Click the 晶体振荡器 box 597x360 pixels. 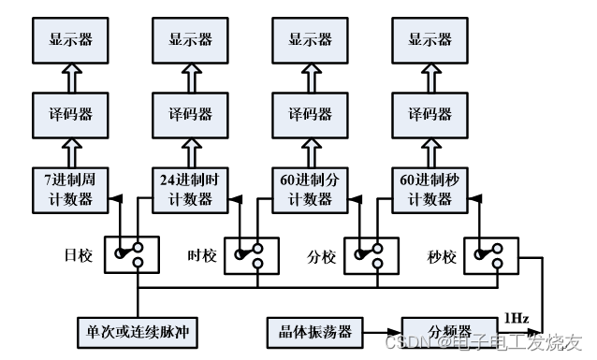point(311,332)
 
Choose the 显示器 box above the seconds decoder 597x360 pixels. point(430,40)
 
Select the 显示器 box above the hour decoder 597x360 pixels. point(191,40)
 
